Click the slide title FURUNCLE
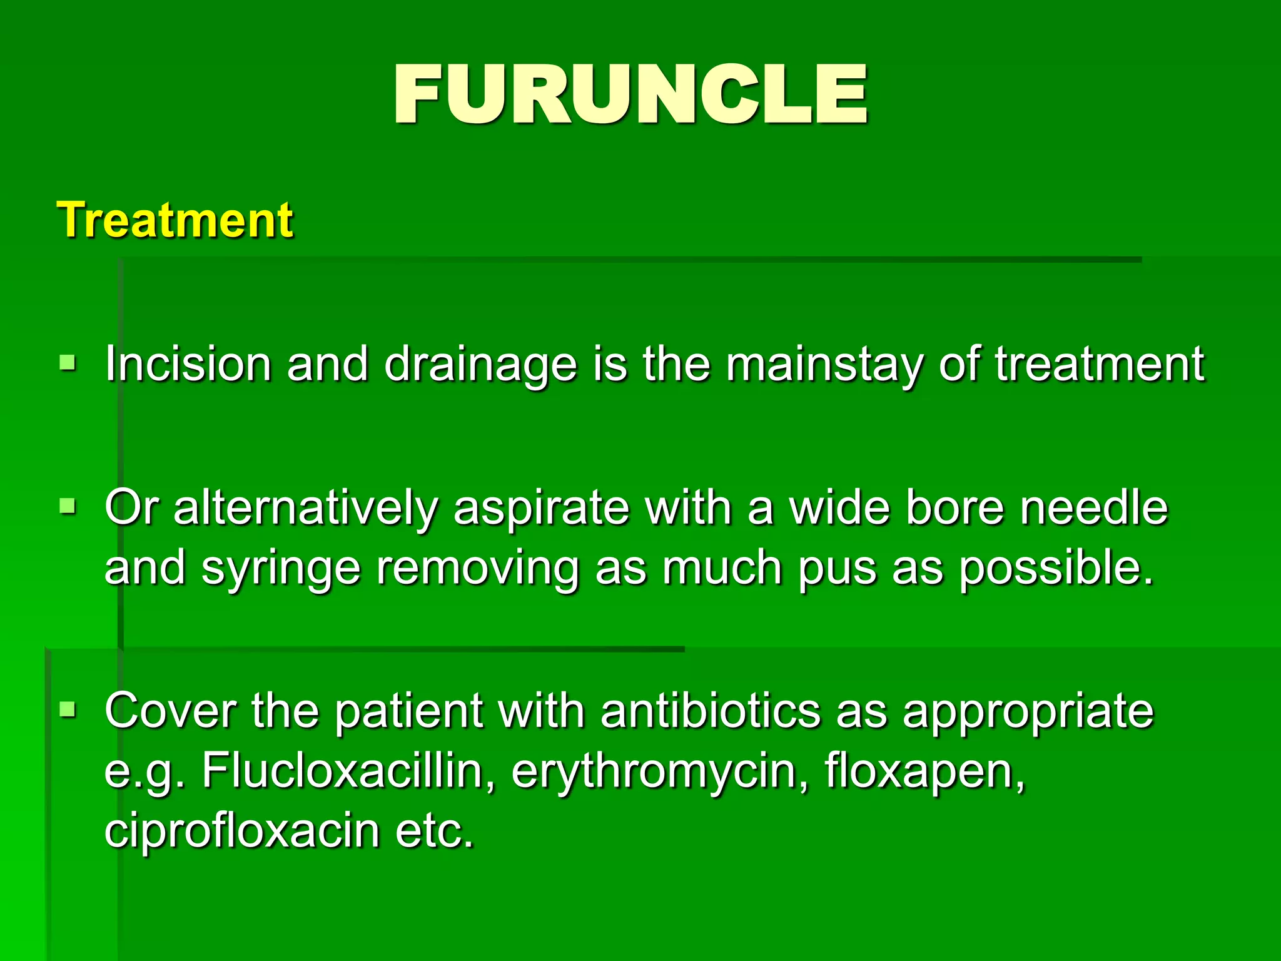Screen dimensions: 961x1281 (630, 95)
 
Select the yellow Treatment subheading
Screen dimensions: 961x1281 (175, 220)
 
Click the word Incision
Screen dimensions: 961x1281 (188, 364)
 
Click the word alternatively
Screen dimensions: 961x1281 (305, 507)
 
